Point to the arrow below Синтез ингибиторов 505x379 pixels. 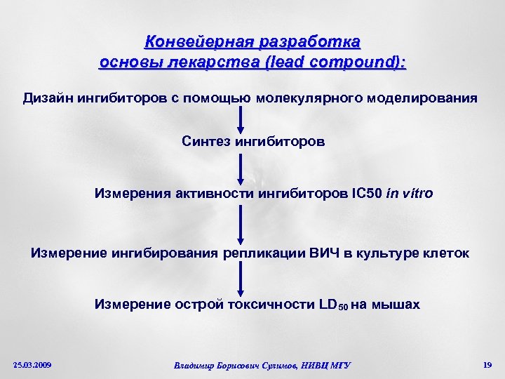pyautogui.click(x=241, y=168)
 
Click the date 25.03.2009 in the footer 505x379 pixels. pyautogui.click(x=32, y=365)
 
